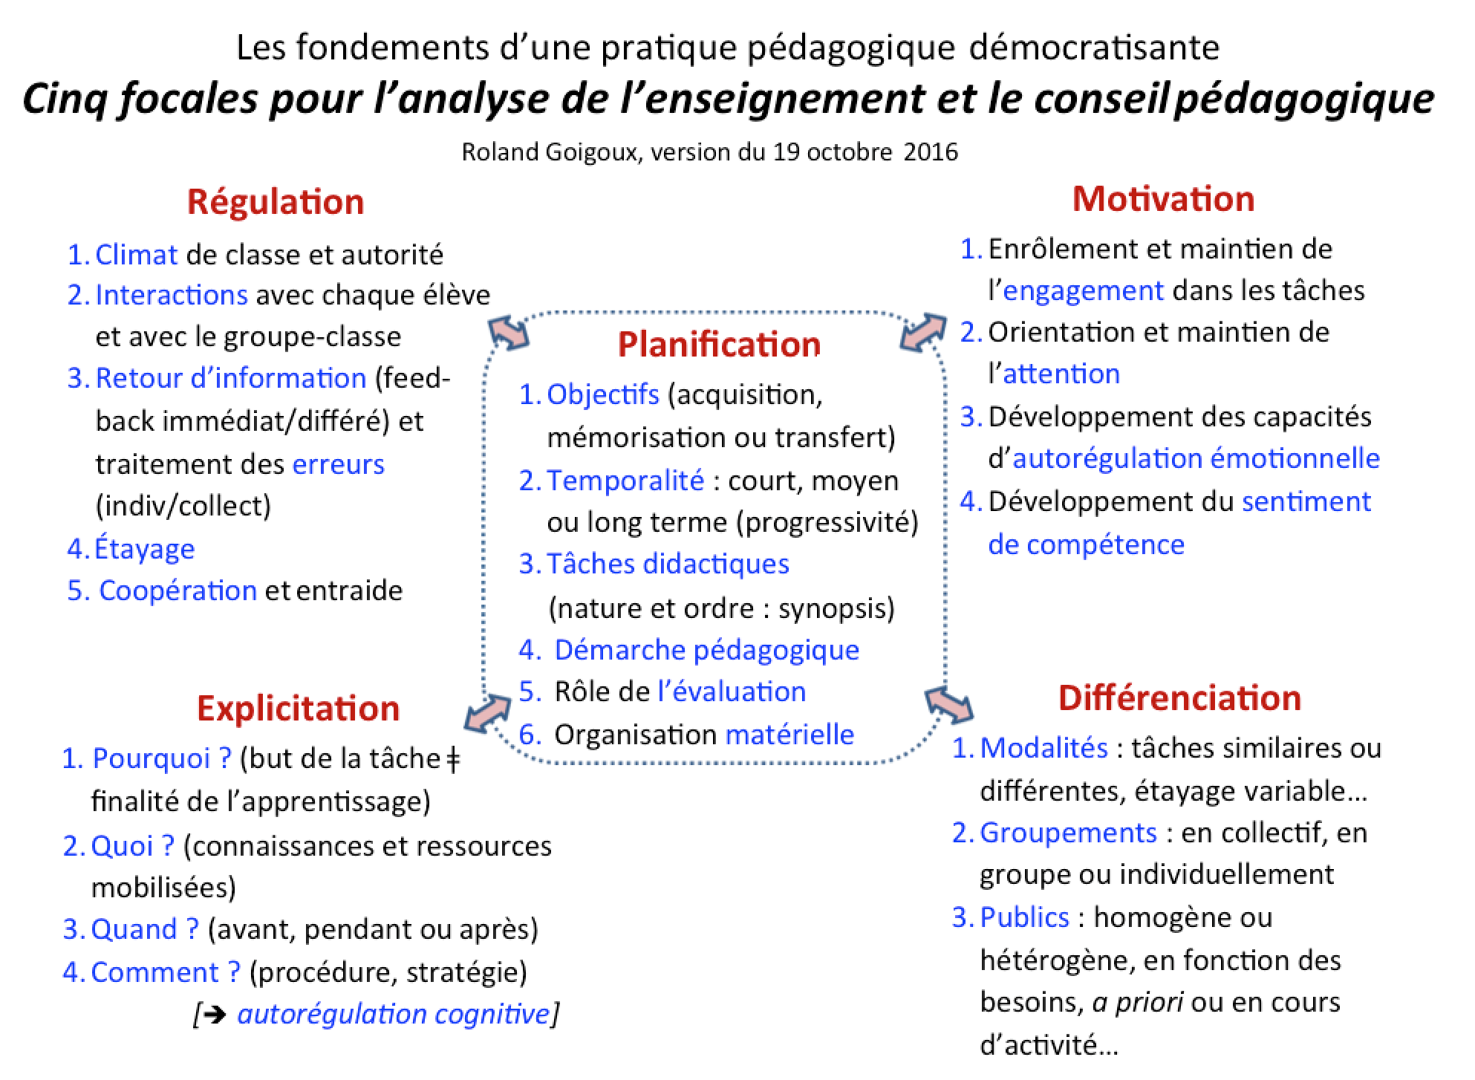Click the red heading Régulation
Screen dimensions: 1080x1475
276,202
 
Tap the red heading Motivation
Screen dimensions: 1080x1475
1163,199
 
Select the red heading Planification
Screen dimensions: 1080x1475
719,345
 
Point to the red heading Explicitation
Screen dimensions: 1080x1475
298,708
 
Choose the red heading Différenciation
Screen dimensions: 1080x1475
1179,698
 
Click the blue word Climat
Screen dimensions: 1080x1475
137,255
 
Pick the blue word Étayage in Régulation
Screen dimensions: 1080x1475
145,549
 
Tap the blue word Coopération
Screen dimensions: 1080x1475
178,591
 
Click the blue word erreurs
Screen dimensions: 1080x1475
339,464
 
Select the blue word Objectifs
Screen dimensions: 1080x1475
603,394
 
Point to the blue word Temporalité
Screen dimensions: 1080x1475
625,481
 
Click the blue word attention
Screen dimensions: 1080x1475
1061,374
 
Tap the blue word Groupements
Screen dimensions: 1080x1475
1068,833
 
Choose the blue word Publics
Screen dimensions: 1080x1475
1024,917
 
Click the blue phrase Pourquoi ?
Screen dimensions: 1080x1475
162,758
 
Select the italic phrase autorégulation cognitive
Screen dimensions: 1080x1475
394,1014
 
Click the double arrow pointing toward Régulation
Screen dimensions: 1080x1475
509,332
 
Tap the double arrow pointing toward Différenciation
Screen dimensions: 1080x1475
949,704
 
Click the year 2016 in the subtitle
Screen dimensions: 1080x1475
931,152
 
